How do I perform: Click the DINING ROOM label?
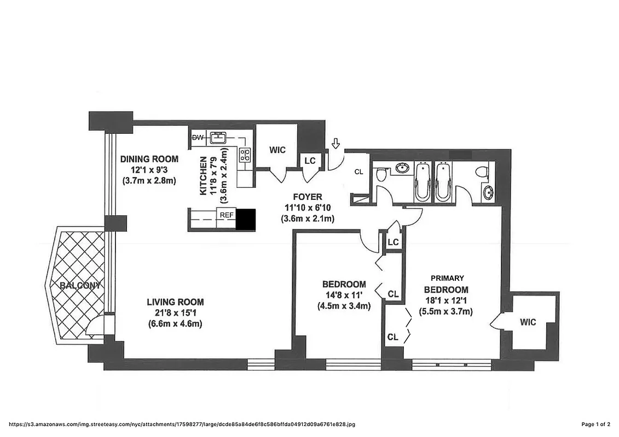click(x=149, y=159)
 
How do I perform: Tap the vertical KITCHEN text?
click(x=203, y=176)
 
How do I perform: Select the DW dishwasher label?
click(x=196, y=138)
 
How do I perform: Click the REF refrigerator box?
click(x=227, y=215)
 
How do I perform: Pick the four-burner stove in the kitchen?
click(x=245, y=155)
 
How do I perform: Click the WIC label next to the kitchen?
click(x=277, y=150)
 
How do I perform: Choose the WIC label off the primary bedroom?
click(x=528, y=322)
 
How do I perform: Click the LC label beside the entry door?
click(x=310, y=161)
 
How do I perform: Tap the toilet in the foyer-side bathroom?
click(x=382, y=174)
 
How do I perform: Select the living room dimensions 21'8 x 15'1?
click(x=175, y=312)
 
